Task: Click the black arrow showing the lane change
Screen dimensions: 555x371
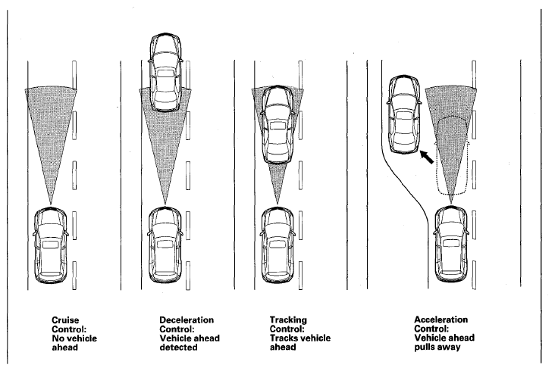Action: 427,157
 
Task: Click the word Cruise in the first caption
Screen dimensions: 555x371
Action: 65,320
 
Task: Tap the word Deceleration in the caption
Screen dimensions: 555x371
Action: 187,320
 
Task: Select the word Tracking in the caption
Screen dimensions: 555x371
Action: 288,320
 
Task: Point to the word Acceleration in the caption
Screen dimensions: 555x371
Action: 441,320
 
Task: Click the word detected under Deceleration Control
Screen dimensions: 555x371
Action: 178,348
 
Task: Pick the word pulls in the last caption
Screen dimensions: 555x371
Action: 425,347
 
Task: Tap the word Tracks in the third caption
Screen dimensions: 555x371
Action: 283,338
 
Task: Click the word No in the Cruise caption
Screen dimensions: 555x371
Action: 58,338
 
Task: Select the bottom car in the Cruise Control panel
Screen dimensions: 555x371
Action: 51,245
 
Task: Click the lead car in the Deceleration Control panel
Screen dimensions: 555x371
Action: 165,73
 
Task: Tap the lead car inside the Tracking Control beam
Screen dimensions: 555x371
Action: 277,124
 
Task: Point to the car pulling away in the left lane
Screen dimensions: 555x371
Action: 404,114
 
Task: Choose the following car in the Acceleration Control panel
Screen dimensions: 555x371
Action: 451,245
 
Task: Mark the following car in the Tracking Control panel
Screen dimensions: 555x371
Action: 277,245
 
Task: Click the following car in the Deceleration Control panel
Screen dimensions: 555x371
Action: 165,245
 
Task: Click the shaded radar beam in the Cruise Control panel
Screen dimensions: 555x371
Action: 51,134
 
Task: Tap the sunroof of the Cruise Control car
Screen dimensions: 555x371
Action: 51,245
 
